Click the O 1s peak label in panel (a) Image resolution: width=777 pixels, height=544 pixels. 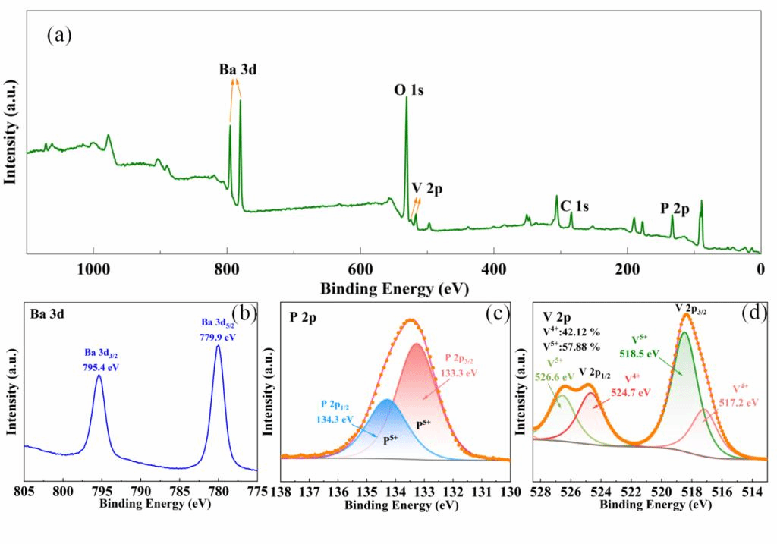tap(408, 90)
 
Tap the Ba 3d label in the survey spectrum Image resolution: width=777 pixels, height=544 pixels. tap(238, 70)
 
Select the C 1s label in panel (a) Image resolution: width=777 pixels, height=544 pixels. tap(574, 206)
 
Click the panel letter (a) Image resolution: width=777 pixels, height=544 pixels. tap(59, 35)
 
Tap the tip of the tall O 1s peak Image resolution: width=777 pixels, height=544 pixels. tap(406, 98)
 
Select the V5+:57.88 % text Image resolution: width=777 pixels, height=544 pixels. tap(571, 347)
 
